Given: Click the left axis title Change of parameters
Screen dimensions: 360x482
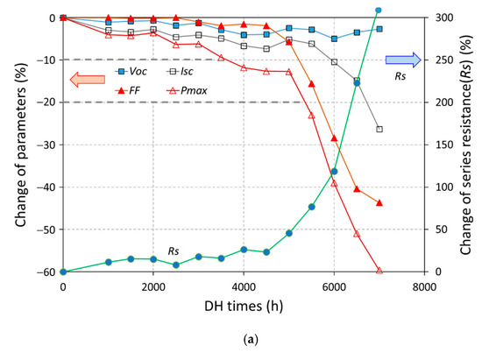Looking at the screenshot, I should click(19, 145).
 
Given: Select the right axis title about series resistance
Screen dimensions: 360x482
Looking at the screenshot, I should click(467, 145).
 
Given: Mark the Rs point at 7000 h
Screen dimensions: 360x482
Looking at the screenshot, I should click(379, 11).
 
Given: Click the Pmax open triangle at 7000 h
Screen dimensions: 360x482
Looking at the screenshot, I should click(379, 271).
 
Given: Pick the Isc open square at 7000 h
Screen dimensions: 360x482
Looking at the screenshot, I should click(379, 129).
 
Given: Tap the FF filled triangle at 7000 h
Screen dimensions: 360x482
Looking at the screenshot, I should click(379, 202).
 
